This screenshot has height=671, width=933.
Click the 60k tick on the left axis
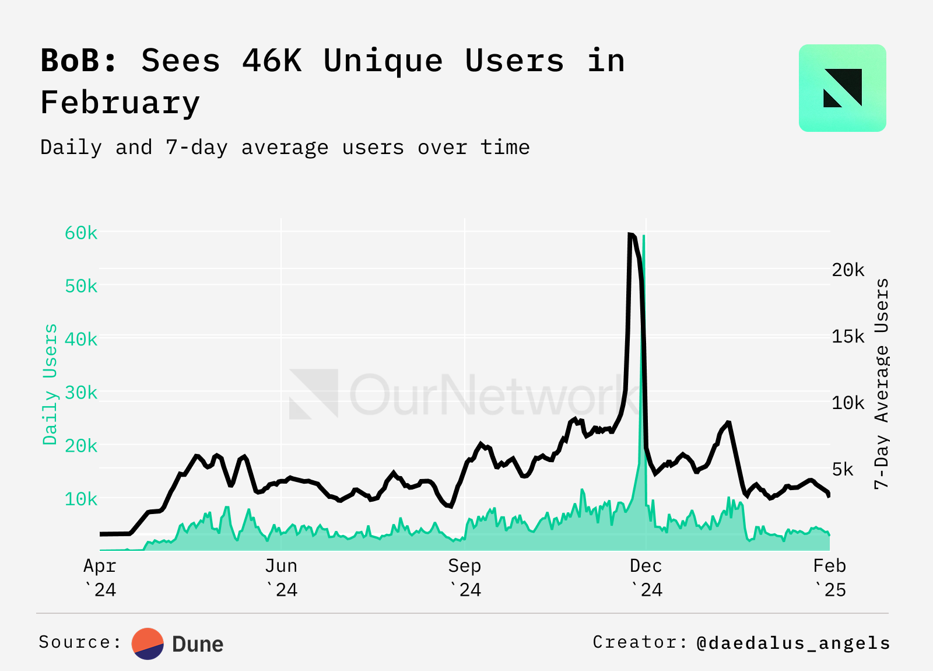click(81, 233)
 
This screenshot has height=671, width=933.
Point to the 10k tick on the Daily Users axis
click(81, 499)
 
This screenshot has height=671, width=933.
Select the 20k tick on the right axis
click(848, 270)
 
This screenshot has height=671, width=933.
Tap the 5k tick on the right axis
click(842, 469)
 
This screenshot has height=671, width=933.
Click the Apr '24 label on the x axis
click(100, 578)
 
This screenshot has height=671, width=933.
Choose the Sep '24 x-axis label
click(465, 578)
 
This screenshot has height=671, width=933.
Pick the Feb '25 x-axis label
click(829, 578)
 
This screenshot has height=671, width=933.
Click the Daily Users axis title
click(50, 384)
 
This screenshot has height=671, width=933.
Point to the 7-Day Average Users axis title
click(882, 383)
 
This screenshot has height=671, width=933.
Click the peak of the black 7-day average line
click(631, 235)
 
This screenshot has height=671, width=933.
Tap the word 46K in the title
click(272, 61)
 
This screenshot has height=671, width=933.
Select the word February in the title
click(120, 103)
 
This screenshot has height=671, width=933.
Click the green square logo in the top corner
click(842, 88)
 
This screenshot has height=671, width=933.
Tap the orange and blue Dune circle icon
click(148, 644)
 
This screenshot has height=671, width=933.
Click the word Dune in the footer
click(198, 644)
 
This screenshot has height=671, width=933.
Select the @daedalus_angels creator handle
click(793, 643)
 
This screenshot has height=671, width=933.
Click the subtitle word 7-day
click(197, 148)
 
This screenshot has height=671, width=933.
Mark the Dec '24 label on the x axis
click(646, 578)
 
